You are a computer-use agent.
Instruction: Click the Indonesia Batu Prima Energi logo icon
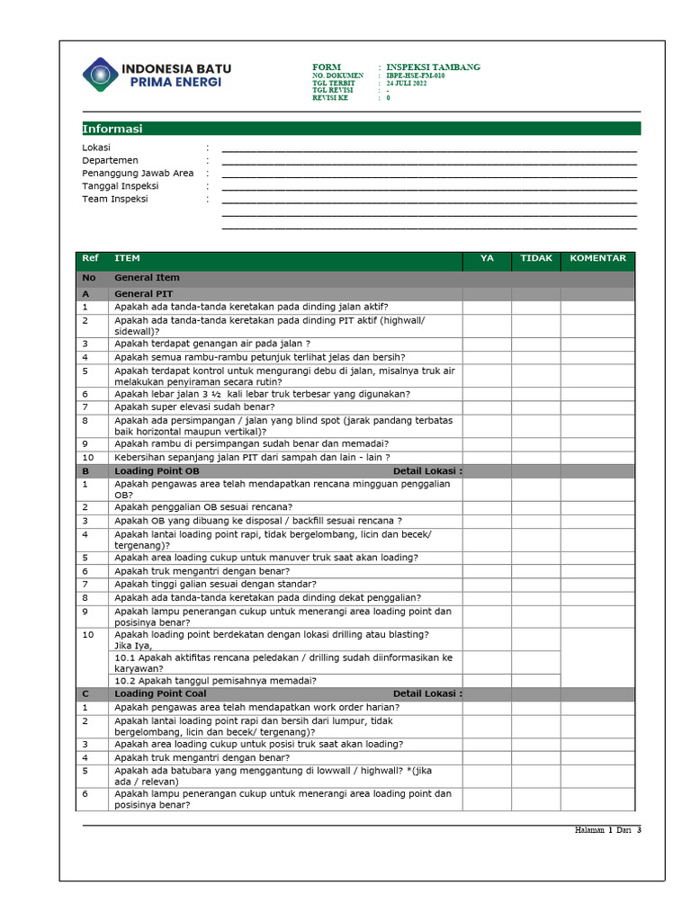(100, 74)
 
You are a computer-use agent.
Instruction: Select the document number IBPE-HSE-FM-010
(415, 76)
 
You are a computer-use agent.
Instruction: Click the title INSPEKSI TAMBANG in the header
(433, 67)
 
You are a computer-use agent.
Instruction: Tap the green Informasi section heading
(112, 129)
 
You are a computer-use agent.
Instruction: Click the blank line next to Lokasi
(428, 148)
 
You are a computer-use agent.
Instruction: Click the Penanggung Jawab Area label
(138, 174)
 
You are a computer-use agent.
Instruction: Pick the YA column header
(487, 259)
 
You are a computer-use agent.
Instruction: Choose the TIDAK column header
(536, 259)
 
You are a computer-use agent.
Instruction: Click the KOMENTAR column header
(597, 259)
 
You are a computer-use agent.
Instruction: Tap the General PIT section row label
(143, 293)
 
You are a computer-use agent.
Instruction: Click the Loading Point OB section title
(157, 470)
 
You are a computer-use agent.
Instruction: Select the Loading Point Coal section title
(160, 693)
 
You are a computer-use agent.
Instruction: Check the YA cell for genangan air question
(487, 344)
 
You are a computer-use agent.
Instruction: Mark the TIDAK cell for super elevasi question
(536, 407)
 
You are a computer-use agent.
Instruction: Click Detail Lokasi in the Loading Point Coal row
(427, 693)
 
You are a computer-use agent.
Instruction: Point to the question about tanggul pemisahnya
(220, 680)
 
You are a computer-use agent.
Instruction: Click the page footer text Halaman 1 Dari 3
(607, 830)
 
